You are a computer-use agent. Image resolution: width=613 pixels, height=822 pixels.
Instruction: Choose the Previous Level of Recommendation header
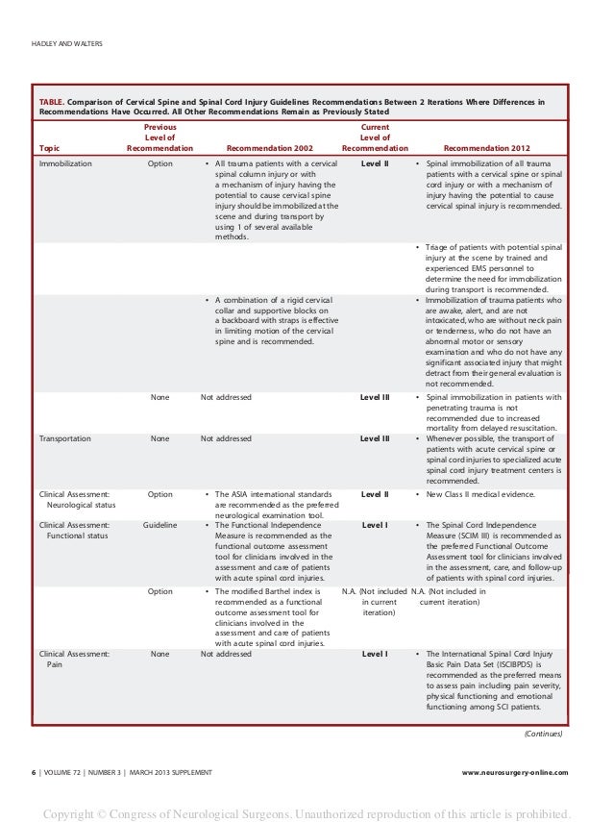pyautogui.click(x=160, y=137)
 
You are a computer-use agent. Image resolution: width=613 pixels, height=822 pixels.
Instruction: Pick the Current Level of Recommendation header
pyautogui.click(x=375, y=137)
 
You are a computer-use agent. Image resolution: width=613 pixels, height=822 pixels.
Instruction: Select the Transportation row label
pyautogui.click(x=64, y=438)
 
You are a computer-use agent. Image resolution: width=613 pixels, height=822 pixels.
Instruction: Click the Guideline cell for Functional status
pyautogui.click(x=160, y=526)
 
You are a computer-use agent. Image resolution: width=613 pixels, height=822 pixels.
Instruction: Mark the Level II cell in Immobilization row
pyautogui.click(x=375, y=164)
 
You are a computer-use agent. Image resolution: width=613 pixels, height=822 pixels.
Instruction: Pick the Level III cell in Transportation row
pyautogui.click(x=375, y=438)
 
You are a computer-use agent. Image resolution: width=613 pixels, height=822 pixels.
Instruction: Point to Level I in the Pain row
pyautogui.click(x=375, y=654)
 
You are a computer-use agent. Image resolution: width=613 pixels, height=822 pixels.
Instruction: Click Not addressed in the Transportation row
pyautogui.click(x=227, y=438)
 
